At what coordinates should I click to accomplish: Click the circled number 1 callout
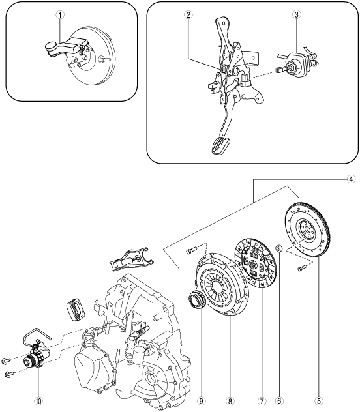[60, 15]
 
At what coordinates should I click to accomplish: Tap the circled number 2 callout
[188, 15]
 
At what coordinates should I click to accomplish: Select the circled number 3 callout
[296, 15]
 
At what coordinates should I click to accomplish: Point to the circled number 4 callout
[351, 179]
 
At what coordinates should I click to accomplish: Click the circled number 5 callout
[319, 401]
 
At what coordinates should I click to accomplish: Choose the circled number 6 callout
[278, 401]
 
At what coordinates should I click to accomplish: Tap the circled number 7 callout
[262, 401]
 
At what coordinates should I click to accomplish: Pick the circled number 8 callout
[230, 401]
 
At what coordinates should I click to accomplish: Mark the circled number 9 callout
[202, 401]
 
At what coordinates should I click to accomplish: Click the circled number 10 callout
[38, 401]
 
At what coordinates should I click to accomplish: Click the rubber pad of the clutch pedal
[220, 145]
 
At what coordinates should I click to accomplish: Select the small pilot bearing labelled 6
[278, 248]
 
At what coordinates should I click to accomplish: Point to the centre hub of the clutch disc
[253, 264]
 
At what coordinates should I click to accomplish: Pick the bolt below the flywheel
[302, 269]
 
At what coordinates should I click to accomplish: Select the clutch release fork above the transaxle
[131, 260]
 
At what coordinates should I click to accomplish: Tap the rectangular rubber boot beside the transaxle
[75, 310]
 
